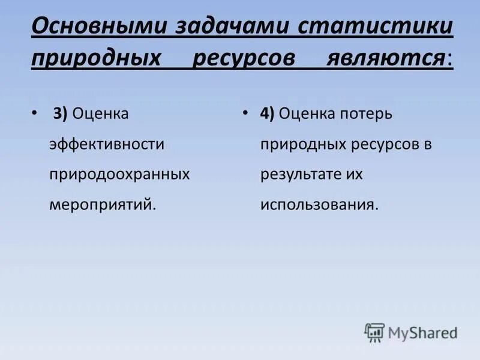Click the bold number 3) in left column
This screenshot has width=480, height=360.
tap(60, 114)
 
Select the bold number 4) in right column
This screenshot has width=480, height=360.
tap(267, 114)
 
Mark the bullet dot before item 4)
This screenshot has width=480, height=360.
tap(246, 113)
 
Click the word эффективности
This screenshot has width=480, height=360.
tap(107, 144)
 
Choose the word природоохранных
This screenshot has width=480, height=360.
tap(119, 174)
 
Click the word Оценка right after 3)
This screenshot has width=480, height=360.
tap(100, 114)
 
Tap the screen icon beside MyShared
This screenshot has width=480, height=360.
tap(374, 332)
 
